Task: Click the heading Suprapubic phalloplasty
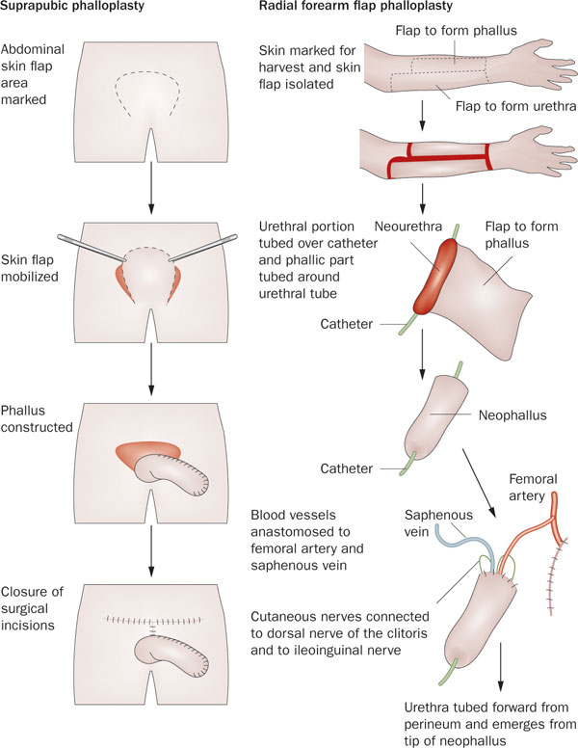click(72, 6)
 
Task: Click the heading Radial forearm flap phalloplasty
click(355, 6)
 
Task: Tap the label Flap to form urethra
click(516, 105)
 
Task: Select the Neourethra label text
click(408, 227)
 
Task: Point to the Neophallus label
click(512, 415)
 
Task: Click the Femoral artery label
click(533, 487)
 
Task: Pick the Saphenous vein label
click(438, 522)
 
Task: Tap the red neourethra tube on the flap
click(434, 276)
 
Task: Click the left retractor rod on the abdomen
click(91, 248)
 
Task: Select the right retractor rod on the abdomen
click(203, 248)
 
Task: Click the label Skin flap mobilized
click(30, 268)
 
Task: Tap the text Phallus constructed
click(37, 419)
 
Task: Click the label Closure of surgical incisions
click(32, 608)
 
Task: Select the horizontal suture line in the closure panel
click(153, 620)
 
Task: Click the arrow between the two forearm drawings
click(422, 115)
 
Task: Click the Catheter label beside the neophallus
click(346, 468)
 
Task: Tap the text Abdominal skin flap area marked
click(33, 74)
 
